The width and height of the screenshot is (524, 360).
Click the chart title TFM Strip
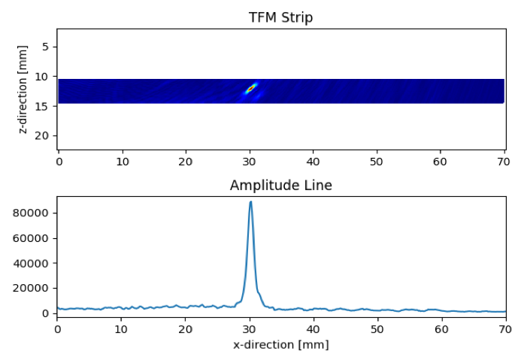280,18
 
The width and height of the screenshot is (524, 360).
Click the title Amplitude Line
280,186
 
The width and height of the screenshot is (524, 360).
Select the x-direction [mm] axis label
280,345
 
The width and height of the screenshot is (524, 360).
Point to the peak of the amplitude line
250,201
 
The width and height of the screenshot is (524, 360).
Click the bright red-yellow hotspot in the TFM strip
250,89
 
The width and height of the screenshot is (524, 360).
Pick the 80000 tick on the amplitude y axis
32,213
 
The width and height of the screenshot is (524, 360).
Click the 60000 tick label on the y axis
32,238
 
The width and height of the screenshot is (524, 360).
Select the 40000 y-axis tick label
32,263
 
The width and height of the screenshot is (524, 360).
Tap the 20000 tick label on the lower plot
32,289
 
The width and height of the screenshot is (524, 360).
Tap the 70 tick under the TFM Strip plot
504,161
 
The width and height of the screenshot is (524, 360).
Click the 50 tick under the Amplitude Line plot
377,328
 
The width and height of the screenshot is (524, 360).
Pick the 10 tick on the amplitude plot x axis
121,328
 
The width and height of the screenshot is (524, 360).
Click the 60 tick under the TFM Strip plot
440,161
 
